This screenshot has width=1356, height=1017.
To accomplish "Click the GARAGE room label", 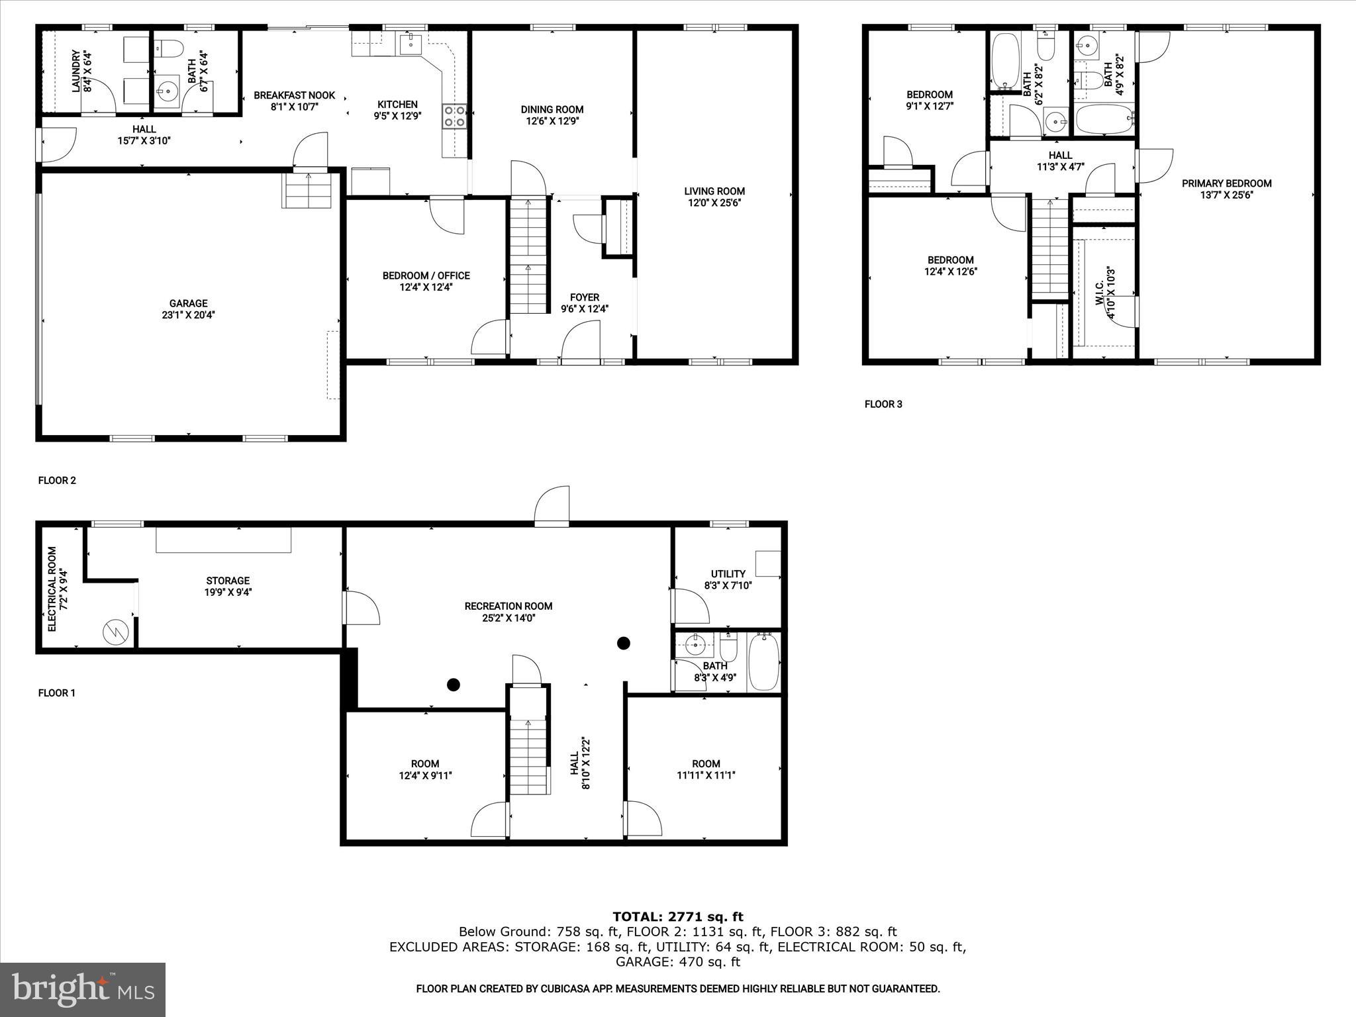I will tap(188, 309).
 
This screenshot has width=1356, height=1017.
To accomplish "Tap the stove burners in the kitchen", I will tap(454, 117).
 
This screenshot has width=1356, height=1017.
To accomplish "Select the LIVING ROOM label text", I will tap(714, 197).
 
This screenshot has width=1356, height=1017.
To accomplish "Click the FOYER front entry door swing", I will tap(581, 343).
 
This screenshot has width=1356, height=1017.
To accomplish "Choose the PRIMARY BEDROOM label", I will tap(1226, 189).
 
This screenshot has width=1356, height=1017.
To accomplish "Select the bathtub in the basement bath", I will tap(764, 661).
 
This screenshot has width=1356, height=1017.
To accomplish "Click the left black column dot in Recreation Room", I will tap(453, 685).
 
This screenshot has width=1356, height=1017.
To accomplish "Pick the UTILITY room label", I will tap(728, 579).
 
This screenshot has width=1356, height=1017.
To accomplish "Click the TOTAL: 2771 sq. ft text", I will tap(677, 916).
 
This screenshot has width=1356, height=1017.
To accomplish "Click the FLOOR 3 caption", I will tap(883, 405).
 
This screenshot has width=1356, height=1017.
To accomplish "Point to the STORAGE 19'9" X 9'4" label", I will tap(228, 587).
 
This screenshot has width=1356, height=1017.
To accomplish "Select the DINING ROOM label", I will tap(552, 115).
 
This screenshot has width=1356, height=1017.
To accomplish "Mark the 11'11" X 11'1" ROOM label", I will tap(706, 769).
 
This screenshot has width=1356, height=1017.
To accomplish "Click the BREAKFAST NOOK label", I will tap(295, 101).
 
